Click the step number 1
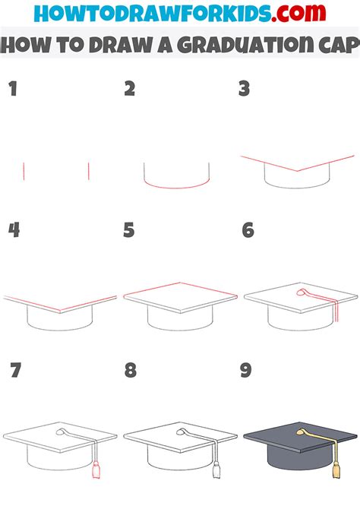point(12,90)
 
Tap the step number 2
point(130,90)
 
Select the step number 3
point(244,90)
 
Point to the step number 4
point(13,230)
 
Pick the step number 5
point(130,230)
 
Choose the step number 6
point(248,230)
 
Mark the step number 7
point(15,371)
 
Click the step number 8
point(131,371)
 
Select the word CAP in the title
point(334,44)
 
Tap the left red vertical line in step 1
point(24,170)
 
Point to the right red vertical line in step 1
point(89,170)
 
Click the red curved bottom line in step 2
point(175,185)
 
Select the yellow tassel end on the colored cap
point(335,473)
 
